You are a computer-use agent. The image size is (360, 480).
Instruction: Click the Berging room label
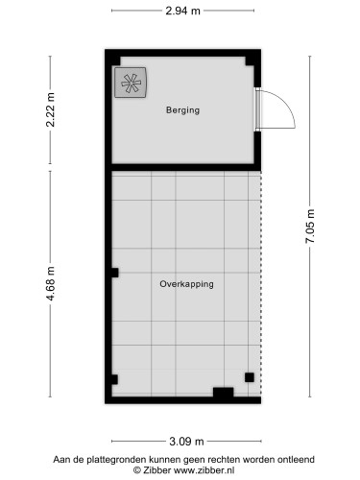(181, 110)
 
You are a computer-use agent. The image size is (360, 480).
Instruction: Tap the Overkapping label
(186, 284)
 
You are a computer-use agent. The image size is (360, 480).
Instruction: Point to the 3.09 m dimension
(186, 442)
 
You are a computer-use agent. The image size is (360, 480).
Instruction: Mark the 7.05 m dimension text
(309, 227)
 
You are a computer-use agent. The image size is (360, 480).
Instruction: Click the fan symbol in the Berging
(132, 84)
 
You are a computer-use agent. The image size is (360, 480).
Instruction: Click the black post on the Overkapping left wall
(114, 273)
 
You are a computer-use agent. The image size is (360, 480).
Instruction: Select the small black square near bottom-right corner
(250, 377)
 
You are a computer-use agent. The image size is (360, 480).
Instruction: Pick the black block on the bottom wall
(223, 392)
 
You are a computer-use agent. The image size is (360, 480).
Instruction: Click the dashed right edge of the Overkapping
(260, 278)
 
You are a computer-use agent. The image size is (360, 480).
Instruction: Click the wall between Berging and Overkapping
(182, 169)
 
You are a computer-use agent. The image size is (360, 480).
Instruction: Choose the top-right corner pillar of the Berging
(252, 61)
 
